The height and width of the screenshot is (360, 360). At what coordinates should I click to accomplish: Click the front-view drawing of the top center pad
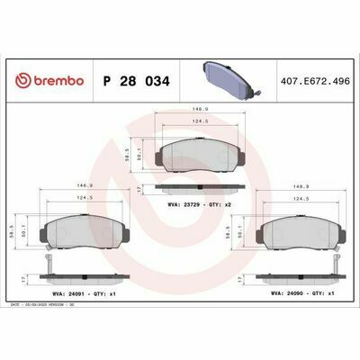pyautogui.click(x=199, y=154)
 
